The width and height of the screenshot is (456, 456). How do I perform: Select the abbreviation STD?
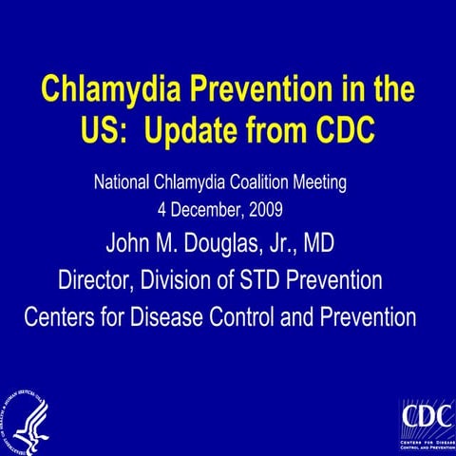point(272,280)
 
